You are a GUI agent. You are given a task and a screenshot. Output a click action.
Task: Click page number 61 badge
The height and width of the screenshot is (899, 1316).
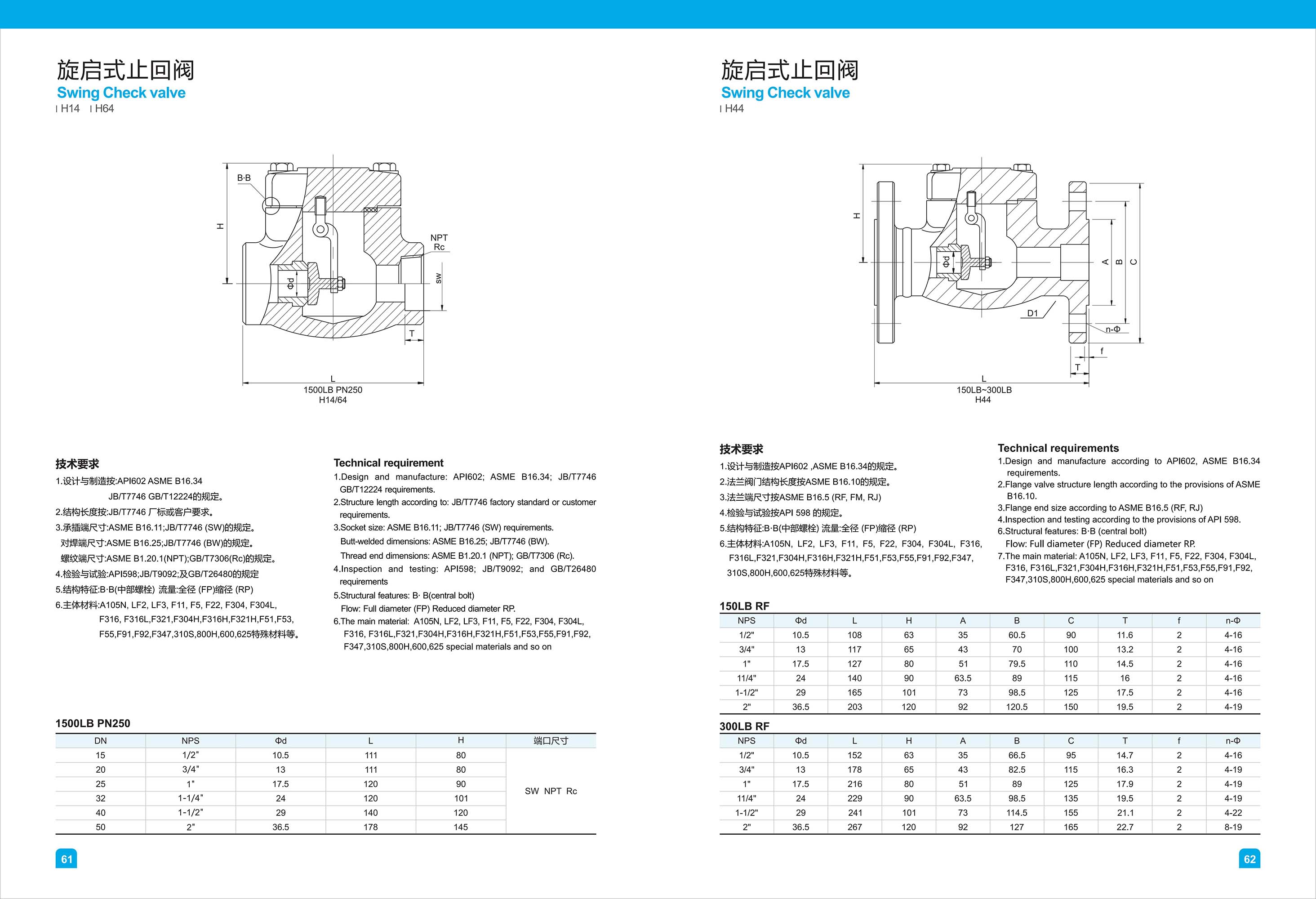[66, 859]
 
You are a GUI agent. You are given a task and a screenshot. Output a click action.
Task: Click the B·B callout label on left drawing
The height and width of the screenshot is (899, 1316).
[244, 178]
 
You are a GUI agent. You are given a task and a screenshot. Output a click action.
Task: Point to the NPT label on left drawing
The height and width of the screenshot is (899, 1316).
[439, 238]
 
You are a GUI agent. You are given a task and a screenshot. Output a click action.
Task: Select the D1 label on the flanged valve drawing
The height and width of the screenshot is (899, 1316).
[1032, 313]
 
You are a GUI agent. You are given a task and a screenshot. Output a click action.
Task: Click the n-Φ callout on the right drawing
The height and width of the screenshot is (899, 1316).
[1113, 329]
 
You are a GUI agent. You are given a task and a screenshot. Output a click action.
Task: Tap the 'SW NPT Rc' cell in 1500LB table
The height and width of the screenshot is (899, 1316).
[551, 791]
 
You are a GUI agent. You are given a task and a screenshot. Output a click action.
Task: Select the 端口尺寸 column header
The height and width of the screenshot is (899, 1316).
[551, 740]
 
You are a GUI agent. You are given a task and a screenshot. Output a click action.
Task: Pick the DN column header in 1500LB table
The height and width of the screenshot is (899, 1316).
[100, 740]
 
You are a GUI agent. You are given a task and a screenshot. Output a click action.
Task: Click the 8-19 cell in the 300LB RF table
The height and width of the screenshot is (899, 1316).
[1233, 827]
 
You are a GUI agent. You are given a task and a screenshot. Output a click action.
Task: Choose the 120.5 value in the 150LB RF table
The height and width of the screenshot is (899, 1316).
[1017, 707]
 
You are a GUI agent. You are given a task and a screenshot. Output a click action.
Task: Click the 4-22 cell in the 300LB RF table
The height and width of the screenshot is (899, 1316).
[1233, 812]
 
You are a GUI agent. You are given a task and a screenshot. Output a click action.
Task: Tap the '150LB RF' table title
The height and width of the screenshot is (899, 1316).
[744, 606]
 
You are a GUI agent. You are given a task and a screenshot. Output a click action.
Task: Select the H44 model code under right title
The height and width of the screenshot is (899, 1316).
[734, 109]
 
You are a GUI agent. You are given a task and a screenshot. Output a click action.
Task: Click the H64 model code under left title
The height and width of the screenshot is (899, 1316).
[104, 109]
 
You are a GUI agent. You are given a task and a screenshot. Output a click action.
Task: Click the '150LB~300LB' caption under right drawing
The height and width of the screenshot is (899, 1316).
[983, 390]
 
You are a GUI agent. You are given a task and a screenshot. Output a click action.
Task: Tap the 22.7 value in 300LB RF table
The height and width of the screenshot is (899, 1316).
[1125, 827]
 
